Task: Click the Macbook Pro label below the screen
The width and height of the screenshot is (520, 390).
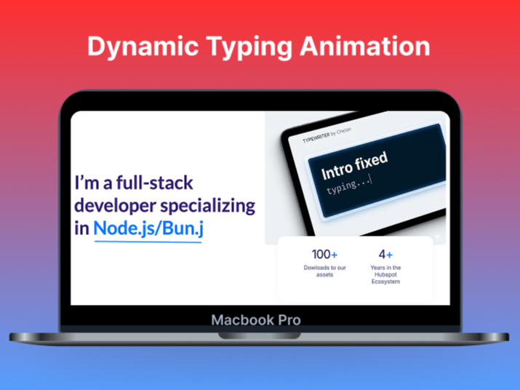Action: pos(255,319)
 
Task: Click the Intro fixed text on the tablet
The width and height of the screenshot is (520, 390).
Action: pos(354,165)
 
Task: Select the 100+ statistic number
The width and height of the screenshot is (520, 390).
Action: pos(324,255)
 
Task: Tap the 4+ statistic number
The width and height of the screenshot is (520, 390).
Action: pos(385,255)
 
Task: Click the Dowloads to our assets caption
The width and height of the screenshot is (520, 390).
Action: pos(324,271)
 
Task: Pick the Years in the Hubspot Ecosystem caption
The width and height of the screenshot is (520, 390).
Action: pos(385,275)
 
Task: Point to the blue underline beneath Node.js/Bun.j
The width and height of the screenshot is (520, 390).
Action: pos(148,240)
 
